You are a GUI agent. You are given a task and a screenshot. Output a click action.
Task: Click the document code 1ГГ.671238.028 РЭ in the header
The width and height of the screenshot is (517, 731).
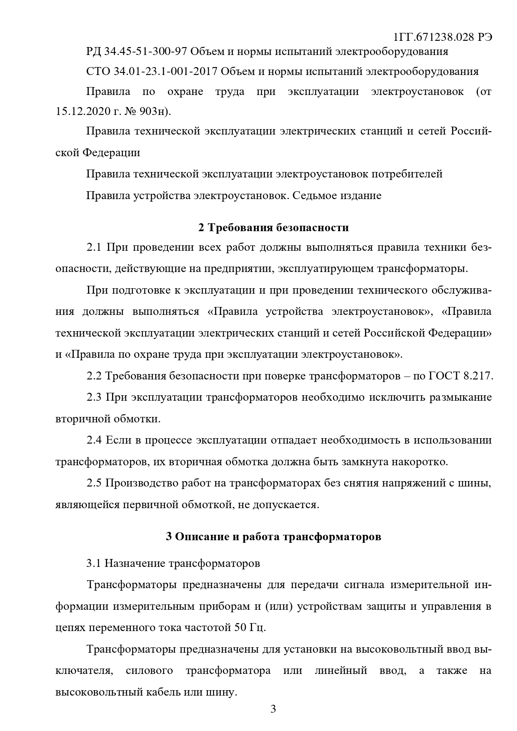pyautogui.click(x=442, y=37)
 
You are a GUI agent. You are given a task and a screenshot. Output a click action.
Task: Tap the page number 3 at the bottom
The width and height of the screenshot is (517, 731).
pyautogui.click(x=273, y=709)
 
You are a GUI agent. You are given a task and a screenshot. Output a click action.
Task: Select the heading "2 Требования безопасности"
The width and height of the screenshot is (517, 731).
pyautogui.click(x=273, y=228)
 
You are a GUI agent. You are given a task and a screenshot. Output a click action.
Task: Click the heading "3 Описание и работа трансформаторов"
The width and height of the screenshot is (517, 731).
pyautogui.click(x=273, y=536)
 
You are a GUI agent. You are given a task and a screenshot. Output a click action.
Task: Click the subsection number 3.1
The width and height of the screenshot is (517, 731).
pyautogui.click(x=94, y=564)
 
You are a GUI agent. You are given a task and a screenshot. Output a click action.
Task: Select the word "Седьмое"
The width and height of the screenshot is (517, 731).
pyautogui.click(x=313, y=195)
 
